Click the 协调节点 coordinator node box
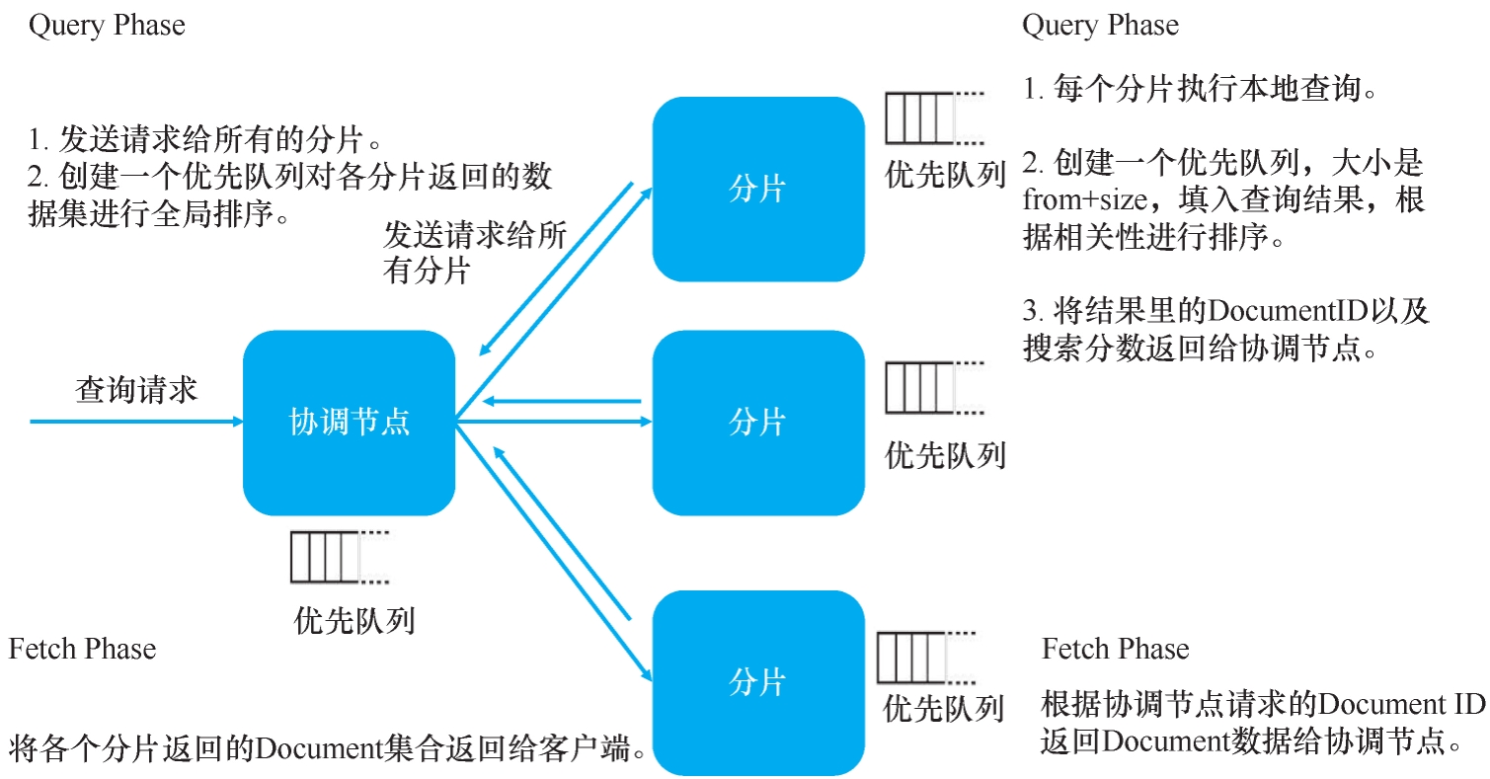(349, 423)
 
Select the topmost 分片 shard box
(757, 189)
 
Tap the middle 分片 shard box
(757, 423)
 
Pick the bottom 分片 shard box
(757, 682)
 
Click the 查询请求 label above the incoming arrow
(136, 390)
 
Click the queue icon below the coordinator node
(326, 558)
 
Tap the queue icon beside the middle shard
(920, 387)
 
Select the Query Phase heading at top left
(107, 25)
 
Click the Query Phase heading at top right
(1100, 25)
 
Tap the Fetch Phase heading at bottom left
(82, 649)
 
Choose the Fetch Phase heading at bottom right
(1115, 649)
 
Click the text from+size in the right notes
(1085, 200)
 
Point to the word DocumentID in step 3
(1281, 311)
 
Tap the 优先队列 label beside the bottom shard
(944, 708)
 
